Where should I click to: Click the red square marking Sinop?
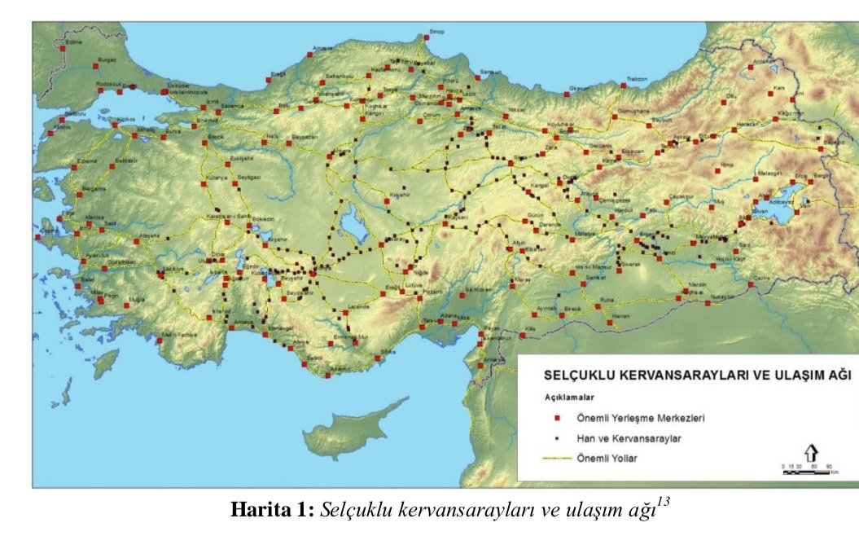(x=425, y=37)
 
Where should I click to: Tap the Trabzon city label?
(x=636, y=79)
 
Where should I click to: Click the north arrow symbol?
(x=811, y=453)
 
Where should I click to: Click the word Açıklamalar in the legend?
(x=568, y=398)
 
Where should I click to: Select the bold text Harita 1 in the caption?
(x=272, y=510)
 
